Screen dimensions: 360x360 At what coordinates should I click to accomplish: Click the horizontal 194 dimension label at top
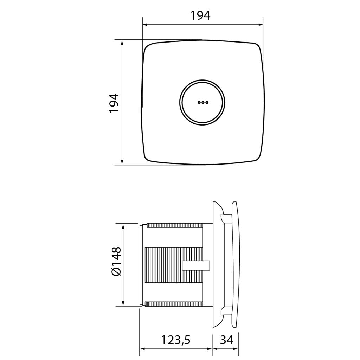(x=200, y=15)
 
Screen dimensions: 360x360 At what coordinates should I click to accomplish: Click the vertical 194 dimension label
(x=114, y=103)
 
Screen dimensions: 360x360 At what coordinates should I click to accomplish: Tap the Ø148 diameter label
(x=116, y=261)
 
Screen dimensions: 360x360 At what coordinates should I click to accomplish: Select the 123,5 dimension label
(x=176, y=340)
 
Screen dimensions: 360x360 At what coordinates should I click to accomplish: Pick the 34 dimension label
(x=227, y=340)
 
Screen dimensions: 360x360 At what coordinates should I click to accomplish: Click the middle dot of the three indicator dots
(x=203, y=102)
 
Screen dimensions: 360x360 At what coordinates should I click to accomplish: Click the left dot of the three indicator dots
(x=199, y=102)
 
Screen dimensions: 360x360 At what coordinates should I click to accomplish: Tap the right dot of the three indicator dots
(x=207, y=102)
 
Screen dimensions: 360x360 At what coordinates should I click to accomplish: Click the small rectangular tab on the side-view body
(x=196, y=265)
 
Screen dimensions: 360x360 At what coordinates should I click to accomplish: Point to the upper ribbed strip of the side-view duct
(x=175, y=225)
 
